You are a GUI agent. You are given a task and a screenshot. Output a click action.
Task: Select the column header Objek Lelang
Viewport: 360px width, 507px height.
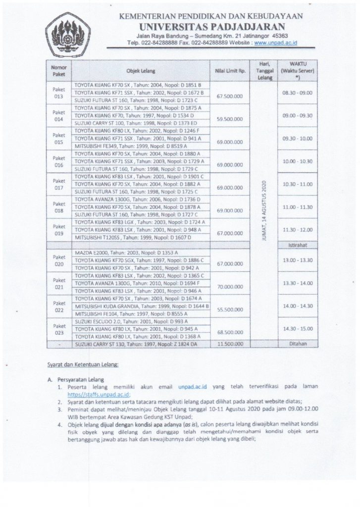pos(141,70)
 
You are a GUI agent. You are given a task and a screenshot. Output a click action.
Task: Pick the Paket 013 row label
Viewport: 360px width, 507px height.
pos(59,93)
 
